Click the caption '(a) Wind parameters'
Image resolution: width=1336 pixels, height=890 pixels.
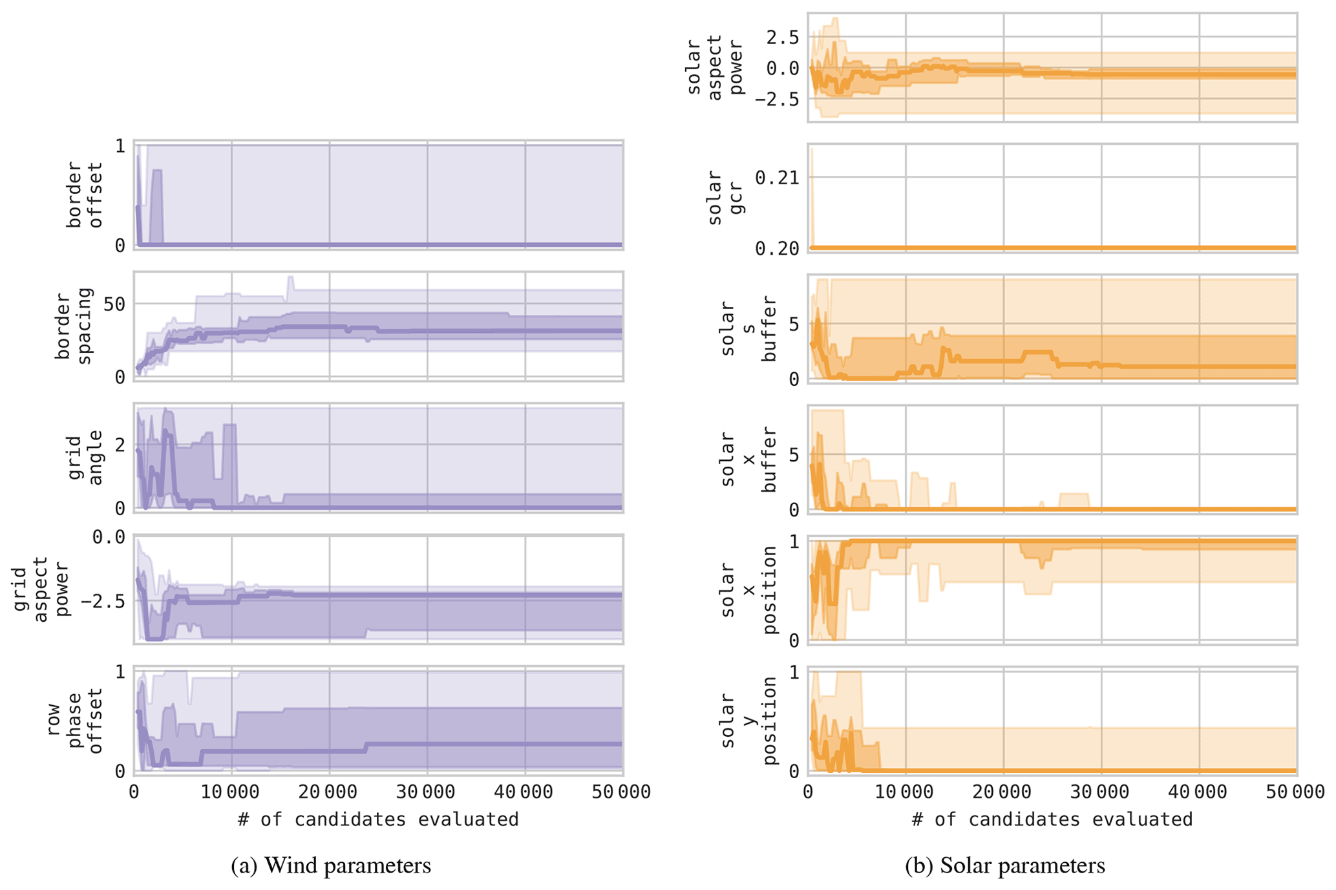(x=331, y=865)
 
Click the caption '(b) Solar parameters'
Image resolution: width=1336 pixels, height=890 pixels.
(x=1004, y=865)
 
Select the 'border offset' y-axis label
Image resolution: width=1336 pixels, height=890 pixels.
(x=85, y=195)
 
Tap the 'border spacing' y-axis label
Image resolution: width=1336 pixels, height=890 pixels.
(x=74, y=326)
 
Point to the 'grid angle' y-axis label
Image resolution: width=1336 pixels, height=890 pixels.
(x=85, y=458)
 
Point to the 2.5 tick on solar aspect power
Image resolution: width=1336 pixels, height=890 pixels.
(x=781, y=37)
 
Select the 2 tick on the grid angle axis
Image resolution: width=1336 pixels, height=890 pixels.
(x=120, y=445)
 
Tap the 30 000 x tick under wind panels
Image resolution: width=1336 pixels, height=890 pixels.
(x=427, y=792)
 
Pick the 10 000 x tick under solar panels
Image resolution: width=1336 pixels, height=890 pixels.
(x=905, y=792)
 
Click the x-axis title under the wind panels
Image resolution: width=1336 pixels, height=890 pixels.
(x=378, y=820)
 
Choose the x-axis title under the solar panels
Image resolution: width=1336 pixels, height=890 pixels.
(x=1052, y=820)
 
